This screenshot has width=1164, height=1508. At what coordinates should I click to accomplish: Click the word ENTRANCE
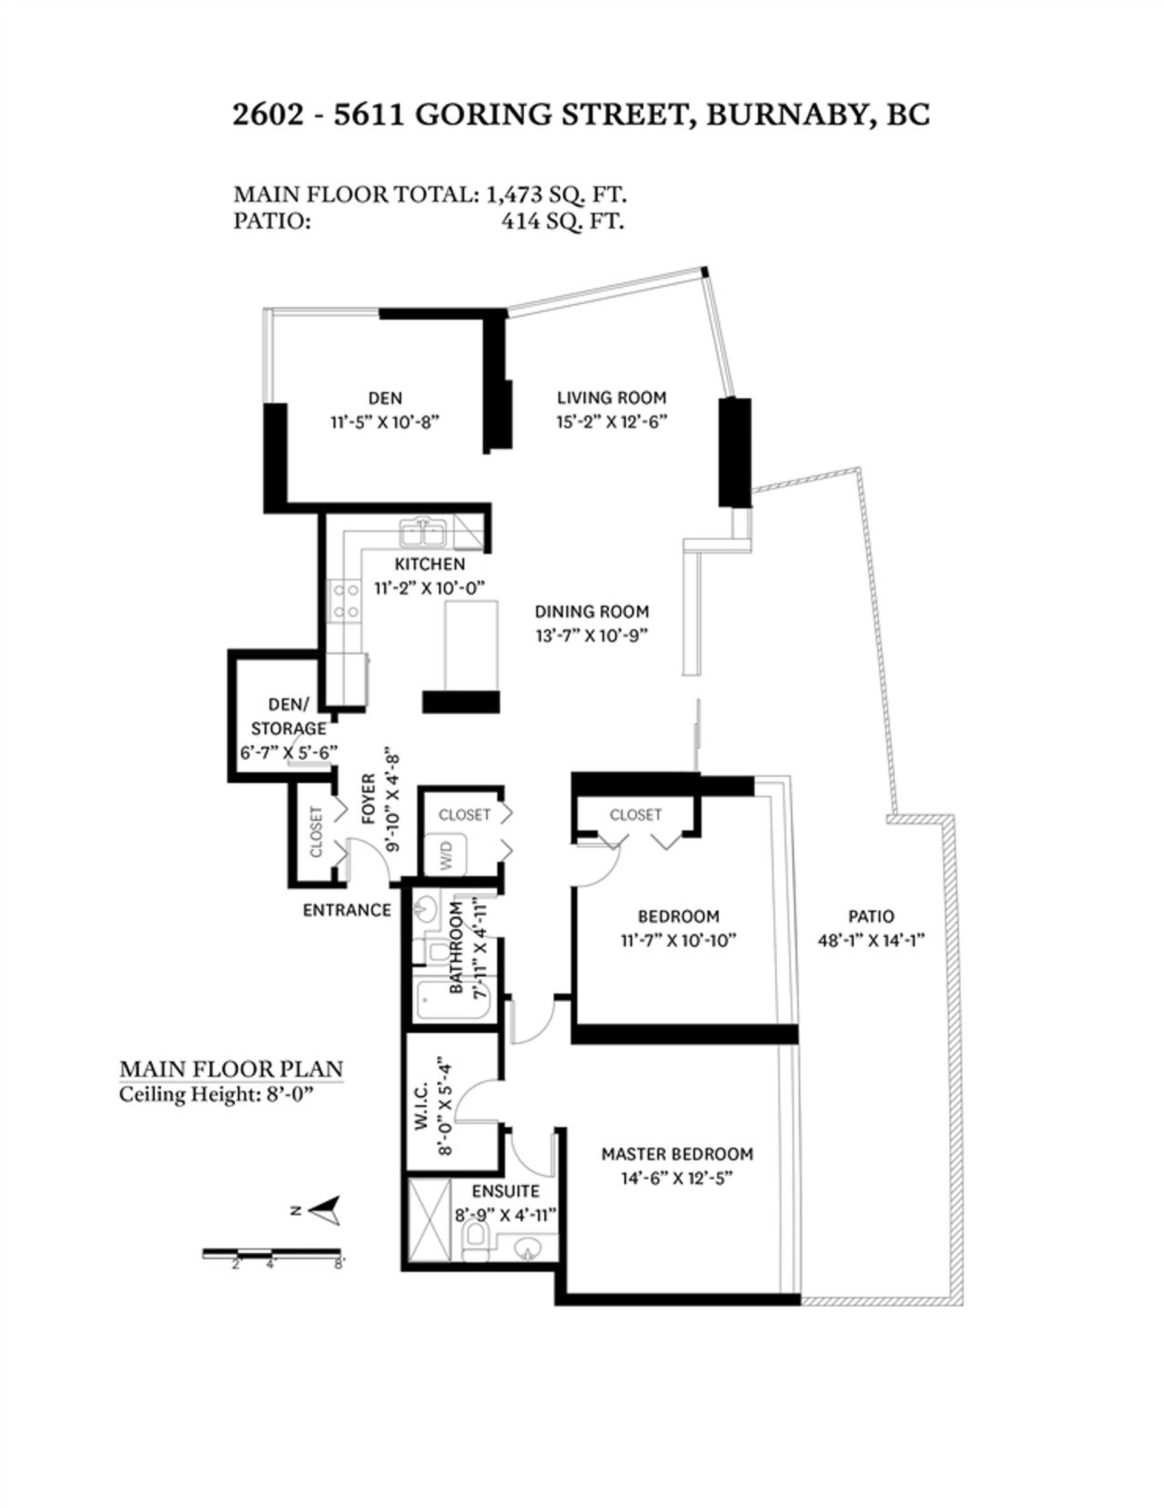coord(347,910)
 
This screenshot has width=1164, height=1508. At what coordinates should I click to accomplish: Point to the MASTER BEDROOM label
coord(677,1154)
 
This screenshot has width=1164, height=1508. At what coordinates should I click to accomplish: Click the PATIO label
coord(871,916)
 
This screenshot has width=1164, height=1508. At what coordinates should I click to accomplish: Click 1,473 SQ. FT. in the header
coord(557,195)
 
